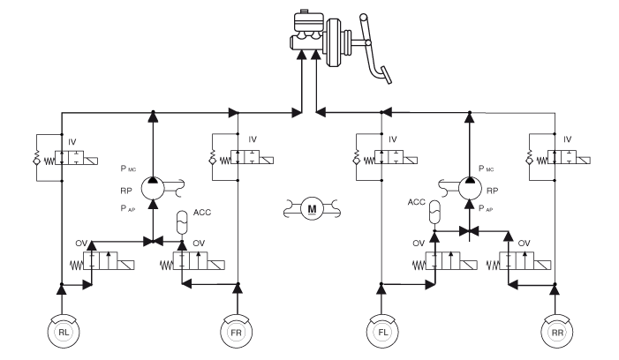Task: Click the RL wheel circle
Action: point(61,334)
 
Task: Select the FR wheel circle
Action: point(236,334)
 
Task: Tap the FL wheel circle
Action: point(381,334)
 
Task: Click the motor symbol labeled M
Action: point(311,208)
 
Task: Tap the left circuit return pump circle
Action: point(153,185)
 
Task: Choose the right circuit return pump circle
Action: point(469,185)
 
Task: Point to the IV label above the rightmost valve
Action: point(568,139)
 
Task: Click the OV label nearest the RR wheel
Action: point(524,241)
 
